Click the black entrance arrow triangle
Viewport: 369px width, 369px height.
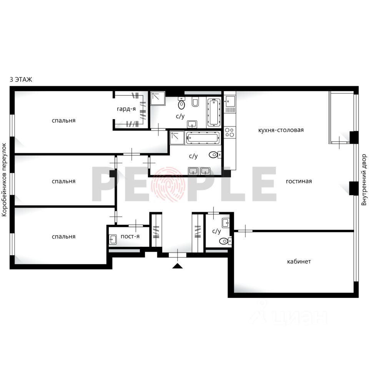[178, 266]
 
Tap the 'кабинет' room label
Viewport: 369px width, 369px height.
[299, 261]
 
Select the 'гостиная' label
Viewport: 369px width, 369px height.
[299, 181]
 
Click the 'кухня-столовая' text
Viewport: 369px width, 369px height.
[281, 130]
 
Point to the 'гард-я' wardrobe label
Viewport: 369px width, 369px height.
[126, 109]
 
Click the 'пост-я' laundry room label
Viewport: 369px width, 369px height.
[130, 236]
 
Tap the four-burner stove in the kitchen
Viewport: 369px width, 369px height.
[230, 132]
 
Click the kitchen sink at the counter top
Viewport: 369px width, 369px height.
[230, 101]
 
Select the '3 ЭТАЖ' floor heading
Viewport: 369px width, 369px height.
[21, 80]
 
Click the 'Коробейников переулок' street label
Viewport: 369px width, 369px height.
[5, 180]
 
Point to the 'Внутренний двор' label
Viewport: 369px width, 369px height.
[364, 180]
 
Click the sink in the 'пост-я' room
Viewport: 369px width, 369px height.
[113, 239]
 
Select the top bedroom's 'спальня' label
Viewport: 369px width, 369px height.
[63, 120]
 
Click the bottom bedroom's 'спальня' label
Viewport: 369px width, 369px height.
[63, 236]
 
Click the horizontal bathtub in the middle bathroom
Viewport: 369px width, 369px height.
[203, 138]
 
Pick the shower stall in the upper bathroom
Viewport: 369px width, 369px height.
[158, 98]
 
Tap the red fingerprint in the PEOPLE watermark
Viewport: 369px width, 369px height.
[168, 184]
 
